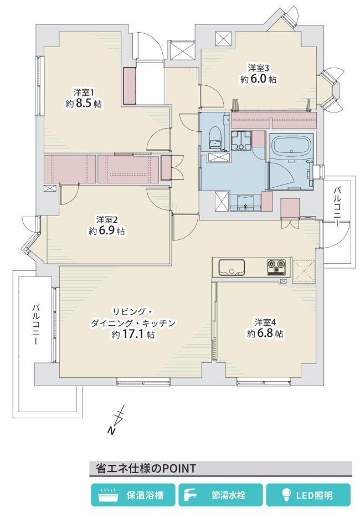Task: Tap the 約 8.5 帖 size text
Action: (84, 104)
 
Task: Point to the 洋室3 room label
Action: (258, 68)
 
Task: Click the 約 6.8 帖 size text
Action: (265, 333)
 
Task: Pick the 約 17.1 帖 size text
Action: (133, 334)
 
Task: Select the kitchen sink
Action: (232, 268)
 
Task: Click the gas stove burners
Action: (276, 268)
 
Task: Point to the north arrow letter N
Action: (111, 430)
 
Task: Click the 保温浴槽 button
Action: (133, 495)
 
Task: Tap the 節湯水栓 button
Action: (220, 495)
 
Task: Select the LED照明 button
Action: (308, 495)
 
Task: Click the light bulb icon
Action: (286, 495)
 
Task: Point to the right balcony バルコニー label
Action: (338, 207)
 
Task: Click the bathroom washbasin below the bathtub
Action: (245, 203)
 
